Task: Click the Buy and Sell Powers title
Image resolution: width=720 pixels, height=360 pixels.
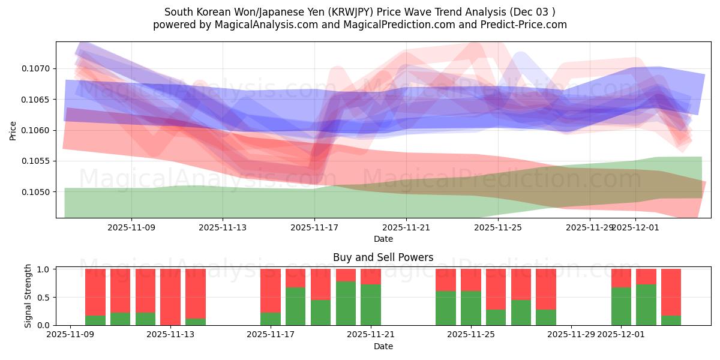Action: pyautogui.click(x=383, y=257)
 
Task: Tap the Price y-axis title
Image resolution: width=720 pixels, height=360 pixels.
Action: pyautogui.click(x=13, y=130)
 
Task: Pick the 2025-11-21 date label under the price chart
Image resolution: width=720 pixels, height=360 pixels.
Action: pyautogui.click(x=406, y=227)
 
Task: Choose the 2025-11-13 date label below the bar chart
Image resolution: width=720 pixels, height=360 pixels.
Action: pyautogui.click(x=170, y=334)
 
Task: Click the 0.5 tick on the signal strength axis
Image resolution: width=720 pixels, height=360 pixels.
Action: pyautogui.click(x=44, y=298)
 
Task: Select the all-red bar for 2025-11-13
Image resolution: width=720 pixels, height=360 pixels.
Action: pyautogui.click(x=170, y=297)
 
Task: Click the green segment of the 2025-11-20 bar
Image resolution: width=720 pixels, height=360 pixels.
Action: pyautogui.click(x=346, y=304)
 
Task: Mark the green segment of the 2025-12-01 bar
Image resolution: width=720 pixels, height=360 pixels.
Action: pyautogui.click(x=621, y=307)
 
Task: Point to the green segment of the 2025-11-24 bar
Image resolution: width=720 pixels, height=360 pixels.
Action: pyautogui.click(x=446, y=308)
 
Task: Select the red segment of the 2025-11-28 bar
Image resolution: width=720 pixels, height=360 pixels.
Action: pyautogui.click(x=546, y=289)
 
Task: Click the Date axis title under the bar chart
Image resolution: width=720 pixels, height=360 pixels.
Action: pyautogui.click(x=383, y=346)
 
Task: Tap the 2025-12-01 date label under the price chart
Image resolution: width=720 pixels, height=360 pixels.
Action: pyautogui.click(x=635, y=227)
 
